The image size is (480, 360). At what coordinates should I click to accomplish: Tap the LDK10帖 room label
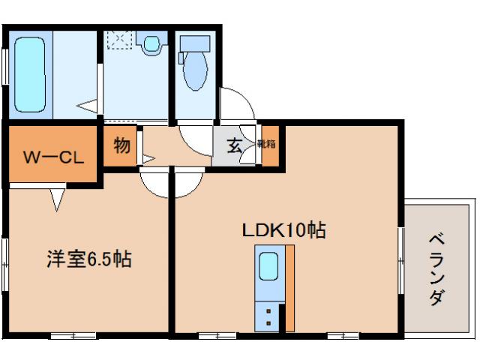tap(283, 230)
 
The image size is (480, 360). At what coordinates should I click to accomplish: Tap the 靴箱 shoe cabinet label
tap(267, 144)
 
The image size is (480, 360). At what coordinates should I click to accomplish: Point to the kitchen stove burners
tap(268, 315)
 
